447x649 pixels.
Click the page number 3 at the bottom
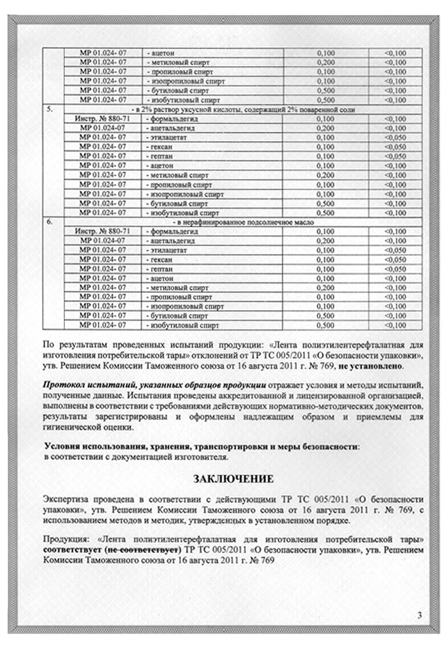419,614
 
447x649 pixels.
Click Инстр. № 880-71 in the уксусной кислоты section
101,118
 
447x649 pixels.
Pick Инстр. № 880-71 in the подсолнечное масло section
101,230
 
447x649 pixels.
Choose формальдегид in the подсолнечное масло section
173,230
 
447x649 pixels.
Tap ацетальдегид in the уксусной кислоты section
173,127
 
